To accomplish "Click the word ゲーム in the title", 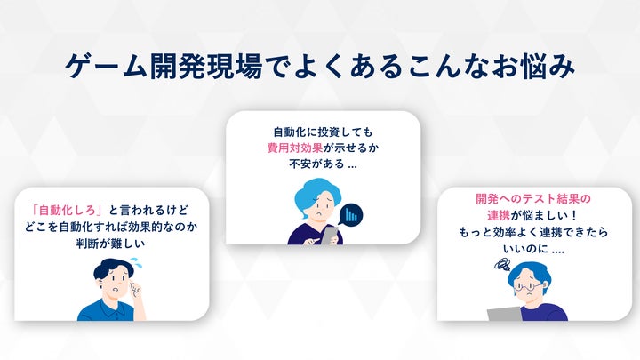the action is coord(106,66).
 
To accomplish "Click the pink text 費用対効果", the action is coord(295,148).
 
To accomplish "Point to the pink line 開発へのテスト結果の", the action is coord(533,199).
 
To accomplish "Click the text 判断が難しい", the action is coord(110,244).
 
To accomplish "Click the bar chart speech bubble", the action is coord(351,215).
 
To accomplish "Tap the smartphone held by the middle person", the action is coord(330,236).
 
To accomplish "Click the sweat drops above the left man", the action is coord(137,262).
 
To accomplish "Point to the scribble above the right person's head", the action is coord(502,266).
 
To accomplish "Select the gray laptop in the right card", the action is coord(505,315).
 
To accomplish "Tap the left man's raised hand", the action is coord(135,290).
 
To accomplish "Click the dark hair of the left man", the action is coord(110,268).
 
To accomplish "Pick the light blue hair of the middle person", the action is coord(310,195).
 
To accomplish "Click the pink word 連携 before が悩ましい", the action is coord(499,215).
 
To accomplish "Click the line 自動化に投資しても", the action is coord(323,132).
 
